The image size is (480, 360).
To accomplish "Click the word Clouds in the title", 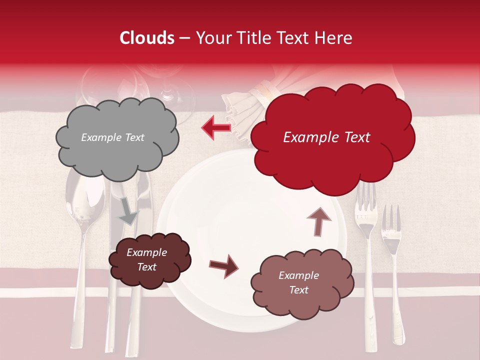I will (146, 38).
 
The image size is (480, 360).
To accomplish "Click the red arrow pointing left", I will (216, 127).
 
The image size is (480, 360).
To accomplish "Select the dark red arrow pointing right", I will (223, 265).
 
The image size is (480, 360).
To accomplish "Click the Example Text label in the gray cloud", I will (112, 137).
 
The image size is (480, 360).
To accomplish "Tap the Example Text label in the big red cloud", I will (326, 137).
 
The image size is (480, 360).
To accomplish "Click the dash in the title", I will (183, 38).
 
